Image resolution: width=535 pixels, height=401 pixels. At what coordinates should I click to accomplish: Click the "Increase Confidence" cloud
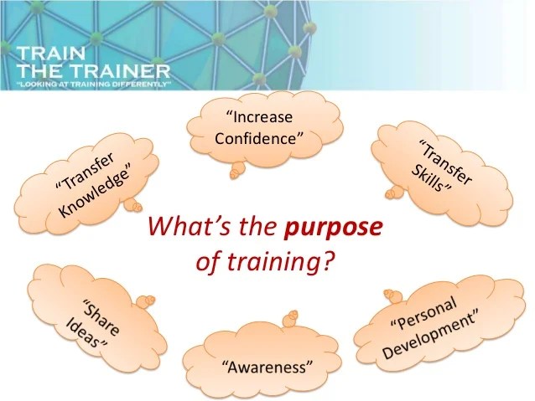tap(257, 126)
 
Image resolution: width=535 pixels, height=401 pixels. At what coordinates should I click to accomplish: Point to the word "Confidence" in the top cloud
tap(257, 137)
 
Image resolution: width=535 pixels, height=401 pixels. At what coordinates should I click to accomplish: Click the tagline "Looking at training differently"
tap(93, 85)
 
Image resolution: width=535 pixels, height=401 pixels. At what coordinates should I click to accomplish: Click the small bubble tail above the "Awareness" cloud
tap(292, 317)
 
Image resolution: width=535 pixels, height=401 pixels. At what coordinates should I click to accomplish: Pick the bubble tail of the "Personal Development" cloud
tap(390, 294)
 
